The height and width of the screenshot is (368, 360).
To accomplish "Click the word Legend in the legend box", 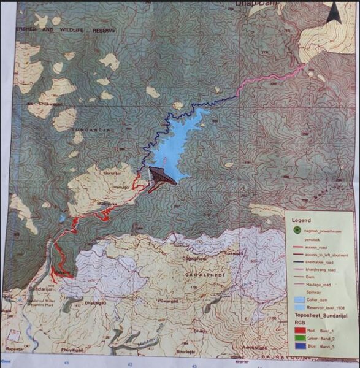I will pyautogui.click(x=301, y=219).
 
